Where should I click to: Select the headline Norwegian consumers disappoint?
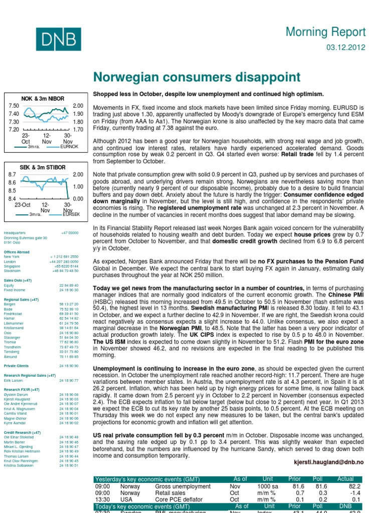tap(197, 77)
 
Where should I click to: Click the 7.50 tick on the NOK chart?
tap(14, 106)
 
